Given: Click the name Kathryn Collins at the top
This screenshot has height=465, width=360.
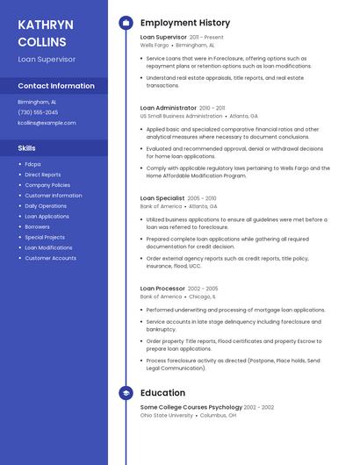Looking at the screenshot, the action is [x=45, y=32].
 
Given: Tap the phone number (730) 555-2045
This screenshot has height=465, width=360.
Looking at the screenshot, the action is [x=38, y=112].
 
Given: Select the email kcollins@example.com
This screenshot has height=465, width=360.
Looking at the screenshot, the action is [x=47, y=123].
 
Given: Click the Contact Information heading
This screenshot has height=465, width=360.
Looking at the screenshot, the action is [x=56, y=86].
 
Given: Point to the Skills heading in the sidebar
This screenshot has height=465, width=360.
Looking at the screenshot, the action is [x=27, y=148].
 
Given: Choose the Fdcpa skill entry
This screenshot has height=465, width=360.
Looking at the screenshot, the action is [x=32, y=164].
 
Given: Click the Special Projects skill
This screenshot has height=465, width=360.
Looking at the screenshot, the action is [x=45, y=237].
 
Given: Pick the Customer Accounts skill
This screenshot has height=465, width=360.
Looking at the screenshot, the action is [x=50, y=258].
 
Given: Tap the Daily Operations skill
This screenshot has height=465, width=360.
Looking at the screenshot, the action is [x=46, y=205].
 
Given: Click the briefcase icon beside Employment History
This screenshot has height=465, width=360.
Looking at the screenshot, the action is [x=126, y=23].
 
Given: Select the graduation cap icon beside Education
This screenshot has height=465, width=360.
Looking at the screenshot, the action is [x=126, y=393].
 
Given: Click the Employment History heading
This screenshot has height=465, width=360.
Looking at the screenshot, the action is [x=184, y=23].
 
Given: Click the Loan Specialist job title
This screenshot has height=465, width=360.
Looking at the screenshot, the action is [x=162, y=198].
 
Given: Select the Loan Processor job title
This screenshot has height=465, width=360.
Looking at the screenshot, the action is [x=162, y=289].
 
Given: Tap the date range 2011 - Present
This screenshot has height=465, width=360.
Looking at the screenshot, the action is [x=206, y=38].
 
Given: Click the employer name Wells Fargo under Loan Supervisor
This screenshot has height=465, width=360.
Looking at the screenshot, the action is [x=155, y=45].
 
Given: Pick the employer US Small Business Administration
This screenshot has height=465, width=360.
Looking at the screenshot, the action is [x=181, y=116].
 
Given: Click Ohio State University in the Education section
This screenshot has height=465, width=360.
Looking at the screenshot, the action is [x=167, y=415].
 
